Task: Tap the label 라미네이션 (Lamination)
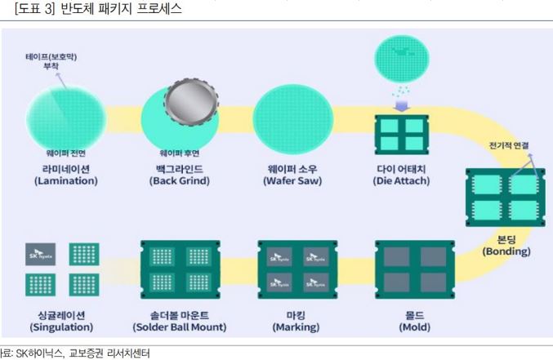(65, 175)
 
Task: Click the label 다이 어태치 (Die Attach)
(402, 175)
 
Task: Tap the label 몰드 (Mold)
(414, 321)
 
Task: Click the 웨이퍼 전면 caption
(66, 153)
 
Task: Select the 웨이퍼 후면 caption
(179, 153)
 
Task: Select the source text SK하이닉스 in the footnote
(34, 353)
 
